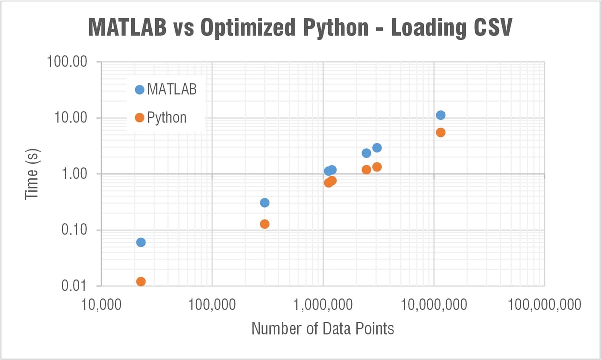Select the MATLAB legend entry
click(x=166, y=90)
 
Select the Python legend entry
click(x=161, y=118)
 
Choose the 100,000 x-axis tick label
click(x=212, y=304)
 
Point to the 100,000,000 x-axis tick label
click(x=544, y=304)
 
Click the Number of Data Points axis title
click(x=323, y=329)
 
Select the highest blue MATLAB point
click(x=441, y=115)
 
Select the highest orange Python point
click(x=441, y=133)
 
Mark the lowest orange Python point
click(x=141, y=282)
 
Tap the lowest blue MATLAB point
click(x=141, y=242)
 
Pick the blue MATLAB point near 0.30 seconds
click(x=265, y=203)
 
